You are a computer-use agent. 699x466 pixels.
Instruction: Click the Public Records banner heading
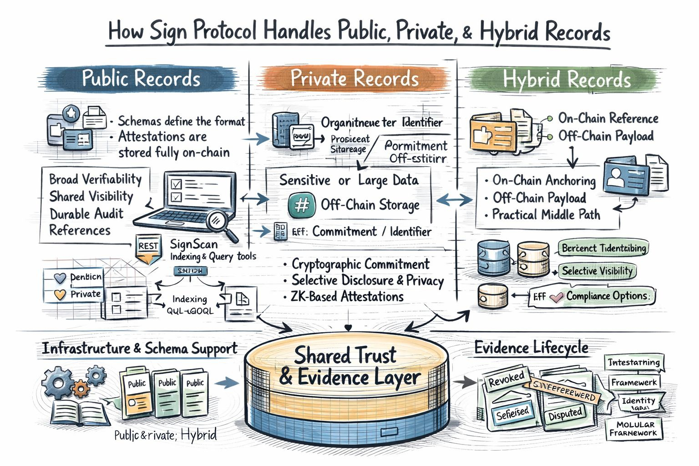(x=141, y=78)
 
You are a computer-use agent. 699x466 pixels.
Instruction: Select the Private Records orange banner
(x=355, y=78)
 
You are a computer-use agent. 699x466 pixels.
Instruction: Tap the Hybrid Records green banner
(x=567, y=80)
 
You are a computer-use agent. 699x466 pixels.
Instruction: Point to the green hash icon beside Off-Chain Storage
(x=302, y=205)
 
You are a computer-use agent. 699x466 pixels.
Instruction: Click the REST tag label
(x=148, y=246)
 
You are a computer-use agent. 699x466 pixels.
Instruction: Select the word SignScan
(x=193, y=244)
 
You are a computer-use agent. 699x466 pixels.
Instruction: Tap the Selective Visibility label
(x=597, y=271)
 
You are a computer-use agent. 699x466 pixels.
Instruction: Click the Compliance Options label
(x=608, y=296)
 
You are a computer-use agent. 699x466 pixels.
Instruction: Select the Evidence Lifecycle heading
(x=531, y=348)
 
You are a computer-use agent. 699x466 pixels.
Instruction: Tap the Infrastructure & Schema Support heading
(x=140, y=349)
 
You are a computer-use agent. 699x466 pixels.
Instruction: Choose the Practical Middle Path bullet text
(x=546, y=214)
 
